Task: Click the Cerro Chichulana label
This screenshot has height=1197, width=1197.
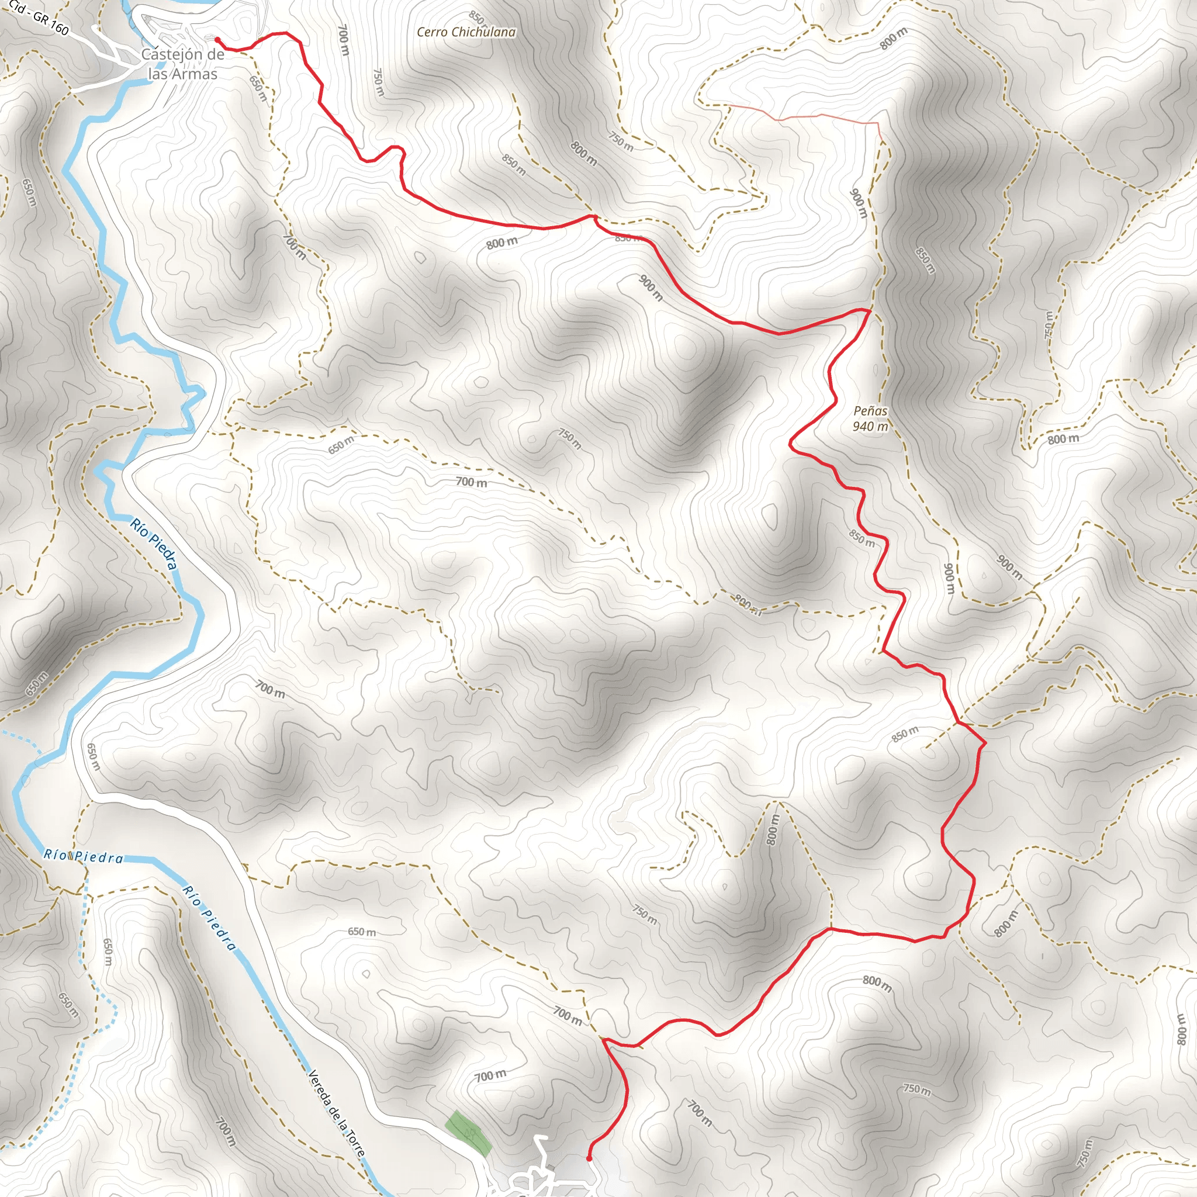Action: pos(466,32)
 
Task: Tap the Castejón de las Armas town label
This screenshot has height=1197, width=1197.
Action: pos(183,64)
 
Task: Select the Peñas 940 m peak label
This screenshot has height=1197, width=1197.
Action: pos(870,418)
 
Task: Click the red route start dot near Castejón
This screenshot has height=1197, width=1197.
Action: pos(217,40)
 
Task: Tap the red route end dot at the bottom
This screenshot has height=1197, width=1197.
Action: pos(589,1157)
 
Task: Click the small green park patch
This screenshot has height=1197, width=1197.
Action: pos(469,1133)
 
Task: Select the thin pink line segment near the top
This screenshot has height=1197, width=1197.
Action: pos(805,116)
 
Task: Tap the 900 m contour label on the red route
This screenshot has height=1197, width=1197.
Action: pos(651,288)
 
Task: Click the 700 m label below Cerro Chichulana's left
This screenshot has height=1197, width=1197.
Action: pos(344,40)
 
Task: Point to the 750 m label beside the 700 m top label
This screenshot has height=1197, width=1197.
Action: pos(378,82)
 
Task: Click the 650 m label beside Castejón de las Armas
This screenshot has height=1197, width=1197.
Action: pos(258,89)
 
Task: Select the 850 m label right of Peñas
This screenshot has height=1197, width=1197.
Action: pos(925,261)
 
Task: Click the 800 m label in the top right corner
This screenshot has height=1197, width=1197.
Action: pos(894,39)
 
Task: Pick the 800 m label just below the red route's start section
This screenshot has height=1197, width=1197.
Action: pos(502,243)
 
